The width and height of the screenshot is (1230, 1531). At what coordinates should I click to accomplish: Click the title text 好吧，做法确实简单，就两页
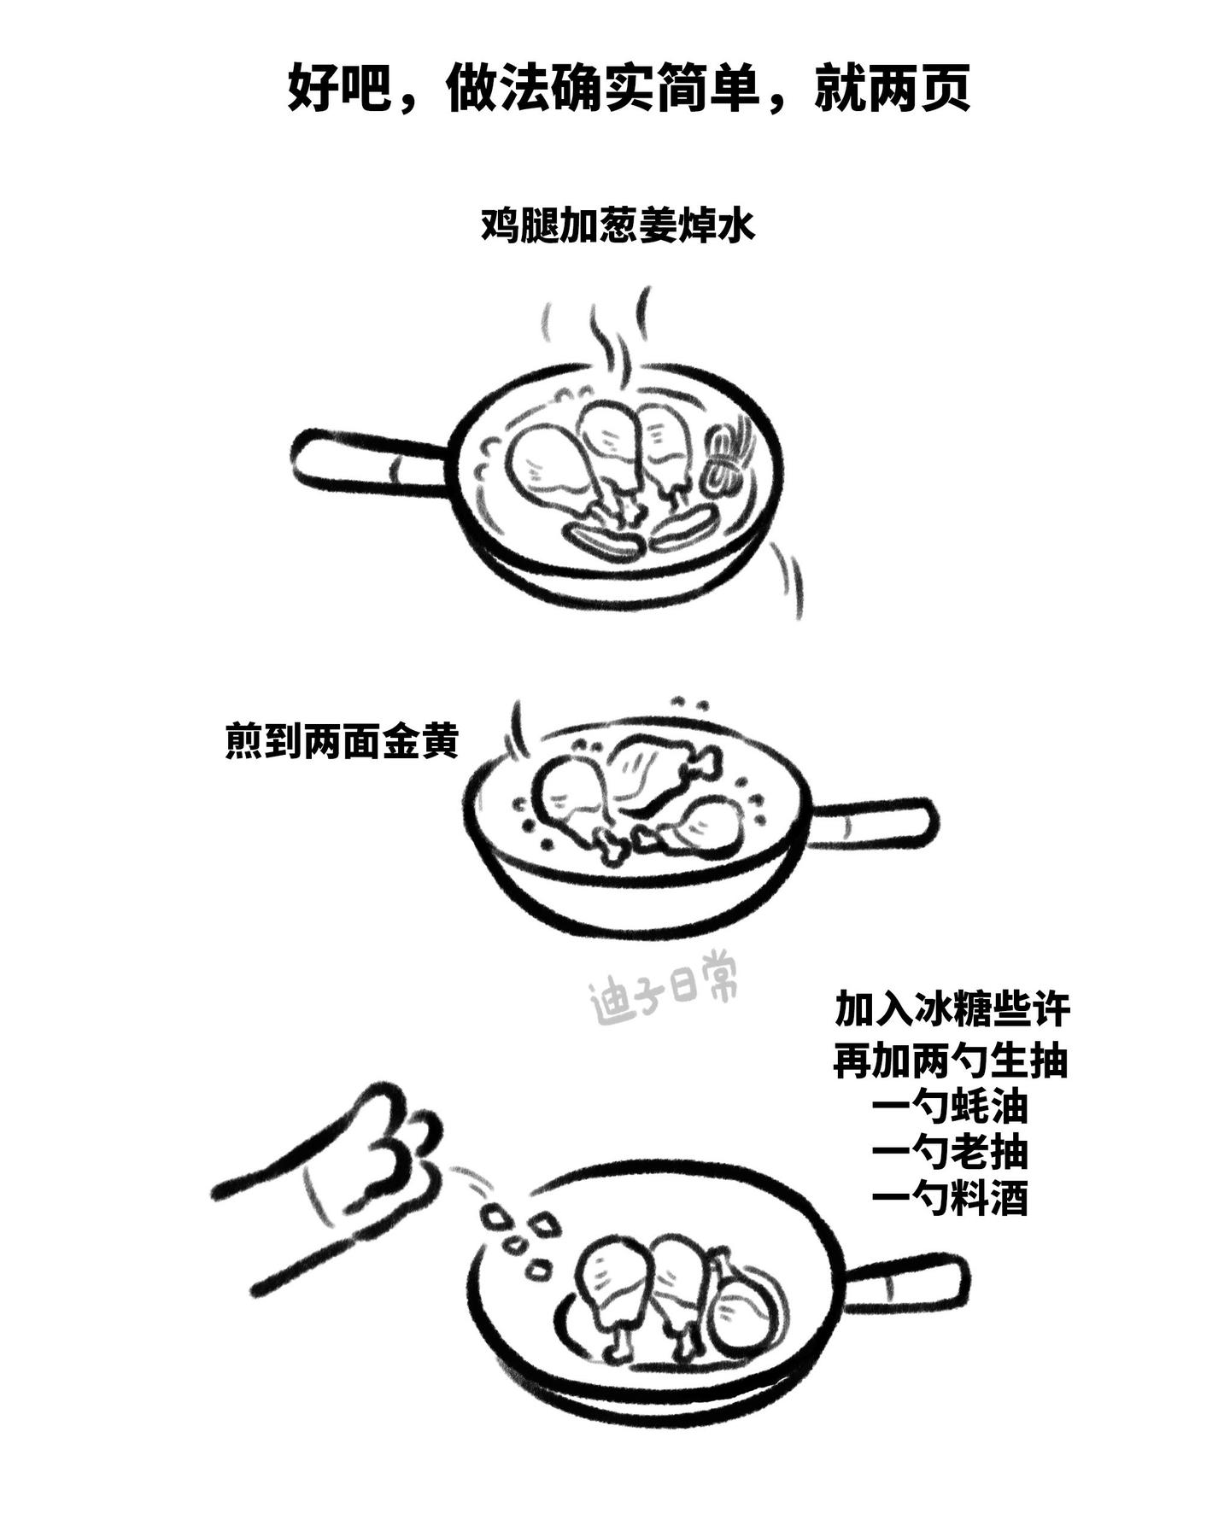pyautogui.click(x=628, y=88)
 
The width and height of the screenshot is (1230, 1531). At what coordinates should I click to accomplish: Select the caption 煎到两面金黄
pyautogui.click(x=342, y=740)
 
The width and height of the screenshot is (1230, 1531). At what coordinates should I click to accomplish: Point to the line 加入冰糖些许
pyautogui.click(x=952, y=1009)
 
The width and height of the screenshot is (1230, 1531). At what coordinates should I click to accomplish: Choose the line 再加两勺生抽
pyautogui.click(x=951, y=1061)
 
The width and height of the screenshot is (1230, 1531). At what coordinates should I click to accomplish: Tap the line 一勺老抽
pyautogui.click(x=950, y=1154)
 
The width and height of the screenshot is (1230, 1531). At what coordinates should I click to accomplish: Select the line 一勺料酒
pyautogui.click(x=950, y=1199)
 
